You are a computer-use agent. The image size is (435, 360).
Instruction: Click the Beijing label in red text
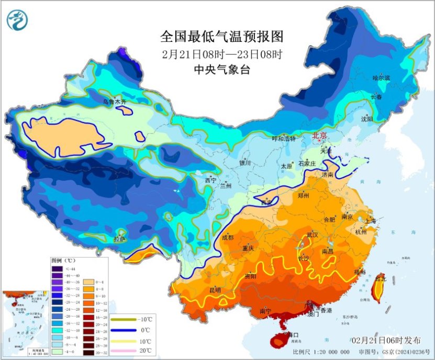pos(319,135)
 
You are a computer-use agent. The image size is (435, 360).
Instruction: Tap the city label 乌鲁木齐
pos(115,102)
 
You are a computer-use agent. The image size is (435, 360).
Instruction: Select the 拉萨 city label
pos(120,239)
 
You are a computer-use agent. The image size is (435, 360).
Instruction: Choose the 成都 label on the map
pos(228,237)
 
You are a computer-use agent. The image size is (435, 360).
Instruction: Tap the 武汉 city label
pos(313,234)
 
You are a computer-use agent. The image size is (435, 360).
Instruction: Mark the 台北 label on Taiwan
pos(380,279)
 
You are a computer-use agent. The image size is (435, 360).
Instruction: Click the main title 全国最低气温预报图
pos(222,37)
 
